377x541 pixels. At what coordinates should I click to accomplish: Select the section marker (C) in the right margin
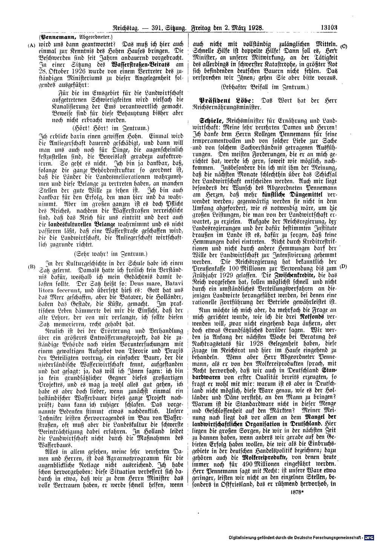point(344,46)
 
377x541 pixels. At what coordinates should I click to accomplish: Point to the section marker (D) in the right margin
point(343,266)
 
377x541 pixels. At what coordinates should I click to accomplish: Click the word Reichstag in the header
point(126,28)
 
